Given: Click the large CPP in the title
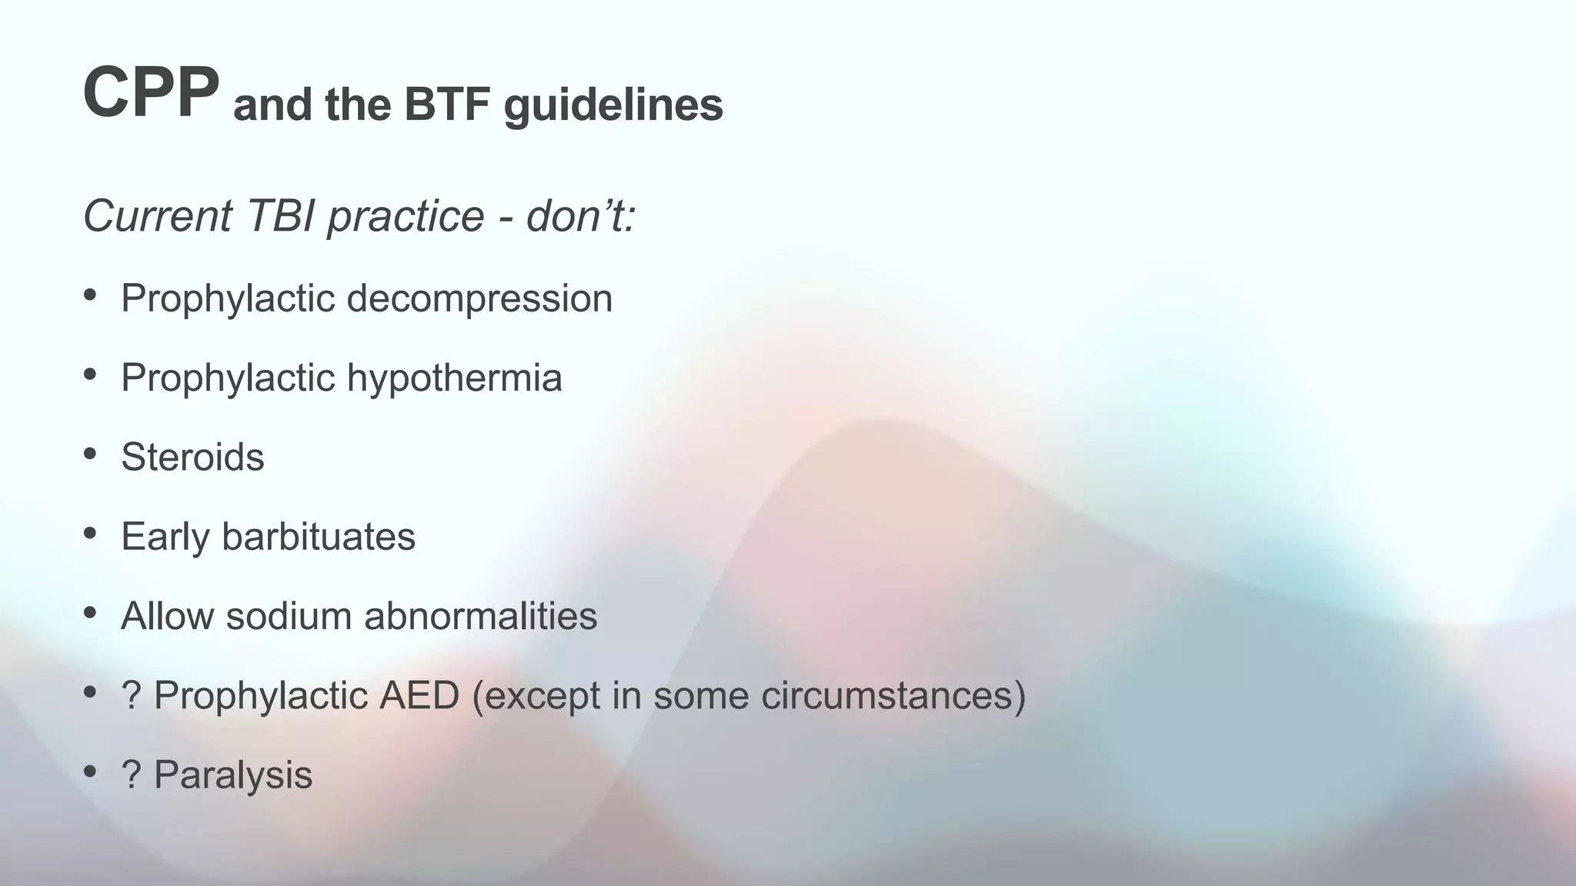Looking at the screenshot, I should pos(151,92).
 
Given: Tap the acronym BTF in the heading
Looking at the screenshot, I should pos(446,105).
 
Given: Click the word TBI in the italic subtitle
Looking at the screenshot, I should pos(280,215).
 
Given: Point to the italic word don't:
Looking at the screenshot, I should pos(581,215).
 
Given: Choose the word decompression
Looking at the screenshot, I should pos(479,298).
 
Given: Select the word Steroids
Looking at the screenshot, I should pos(192,457).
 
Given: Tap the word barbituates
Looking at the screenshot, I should pos(318,536).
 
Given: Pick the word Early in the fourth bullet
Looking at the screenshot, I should pos(165,538).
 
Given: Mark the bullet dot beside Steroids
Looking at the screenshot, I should pos(90,454).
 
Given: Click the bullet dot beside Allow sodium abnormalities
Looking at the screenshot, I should pos(90,613).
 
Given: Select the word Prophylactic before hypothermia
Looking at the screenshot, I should pos(228,379).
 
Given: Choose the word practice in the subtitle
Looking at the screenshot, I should pos(406,217).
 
